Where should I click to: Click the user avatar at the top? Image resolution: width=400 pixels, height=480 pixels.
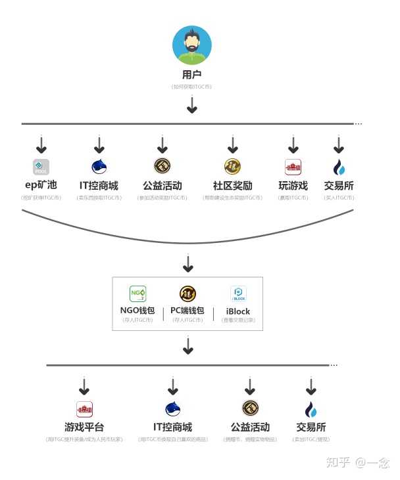[x=191, y=45]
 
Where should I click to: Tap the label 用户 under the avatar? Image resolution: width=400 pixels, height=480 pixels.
[x=191, y=75]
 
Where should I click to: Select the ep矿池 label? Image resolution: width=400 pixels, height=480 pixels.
[x=41, y=186]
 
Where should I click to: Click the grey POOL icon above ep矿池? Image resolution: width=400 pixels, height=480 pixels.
[x=41, y=167]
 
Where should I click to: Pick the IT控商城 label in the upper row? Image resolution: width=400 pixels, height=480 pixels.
[x=99, y=186]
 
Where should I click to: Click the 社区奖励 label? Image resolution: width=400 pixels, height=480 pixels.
[x=232, y=186]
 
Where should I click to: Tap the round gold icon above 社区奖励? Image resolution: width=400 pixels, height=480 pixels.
[x=232, y=166]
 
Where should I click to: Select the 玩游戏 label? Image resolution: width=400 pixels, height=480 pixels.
[x=293, y=186]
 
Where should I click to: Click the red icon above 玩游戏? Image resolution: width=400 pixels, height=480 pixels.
[x=293, y=167]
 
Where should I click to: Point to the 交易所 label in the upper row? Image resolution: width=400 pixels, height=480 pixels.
[x=339, y=186]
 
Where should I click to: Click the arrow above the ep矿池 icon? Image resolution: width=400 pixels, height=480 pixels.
[x=41, y=144]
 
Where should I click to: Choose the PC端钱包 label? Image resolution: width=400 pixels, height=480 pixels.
[x=187, y=311]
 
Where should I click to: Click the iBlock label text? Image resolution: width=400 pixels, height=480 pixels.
[x=238, y=311]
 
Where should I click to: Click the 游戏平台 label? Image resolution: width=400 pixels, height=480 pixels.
[x=84, y=427]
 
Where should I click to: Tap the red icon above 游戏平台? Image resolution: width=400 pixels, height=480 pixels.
[x=84, y=409]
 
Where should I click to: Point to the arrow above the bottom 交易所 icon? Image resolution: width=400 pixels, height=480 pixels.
[x=311, y=386]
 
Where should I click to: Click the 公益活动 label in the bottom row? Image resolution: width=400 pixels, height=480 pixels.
[x=250, y=427]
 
